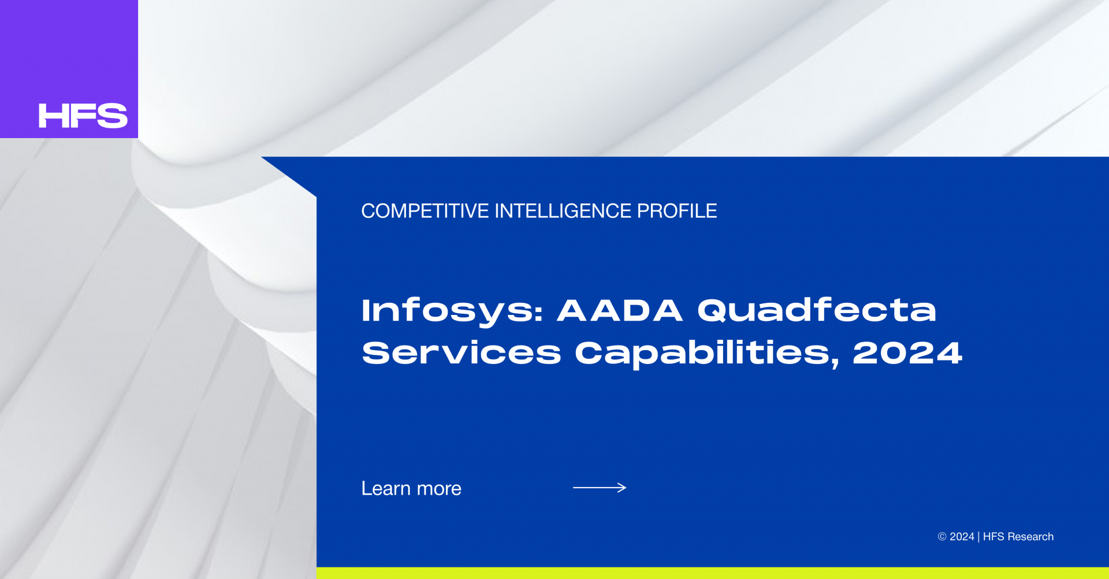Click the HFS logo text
click(x=83, y=116)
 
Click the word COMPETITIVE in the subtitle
click(x=425, y=211)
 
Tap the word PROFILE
click(x=677, y=211)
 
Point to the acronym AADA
click(x=620, y=310)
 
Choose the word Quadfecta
click(x=817, y=310)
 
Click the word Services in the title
click(x=462, y=352)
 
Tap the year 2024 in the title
click(x=907, y=352)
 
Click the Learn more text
click(x=411, y=488)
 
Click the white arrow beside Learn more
click(x=600, y=488)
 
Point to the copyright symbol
click(x=942, y=537)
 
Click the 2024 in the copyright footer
click(x=962, y=537)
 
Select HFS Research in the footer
click(x=1018, y=537)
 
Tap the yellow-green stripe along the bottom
click(x=713, y=573)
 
